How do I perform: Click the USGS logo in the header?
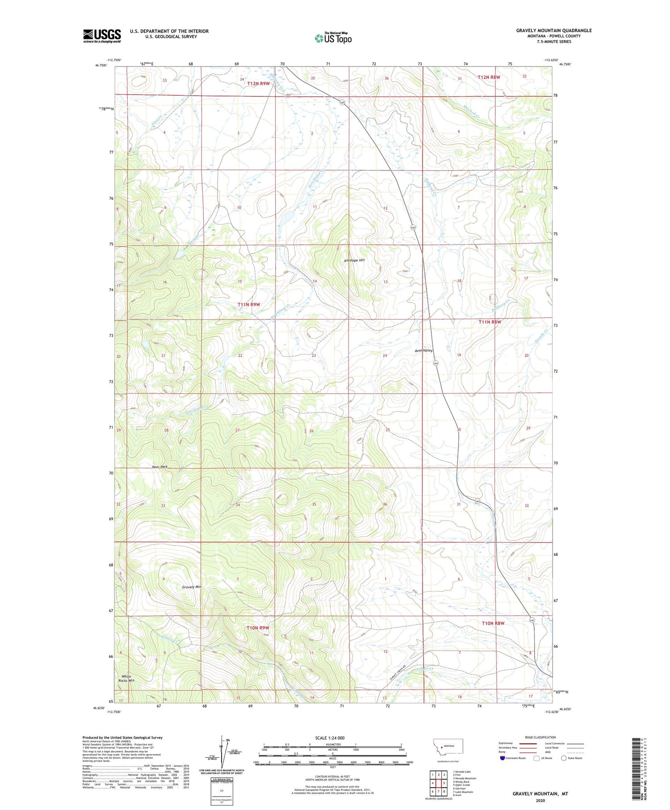(102, 36)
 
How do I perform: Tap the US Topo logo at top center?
(333, 38)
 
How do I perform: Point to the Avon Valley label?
(424, 350)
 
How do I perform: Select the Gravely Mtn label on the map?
(192, 587)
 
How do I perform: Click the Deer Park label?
(159, 466)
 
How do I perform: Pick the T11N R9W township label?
(249, 304)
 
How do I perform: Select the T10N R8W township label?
(493, 623)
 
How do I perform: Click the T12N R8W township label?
(489, 77)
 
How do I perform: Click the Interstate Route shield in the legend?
(502, 758)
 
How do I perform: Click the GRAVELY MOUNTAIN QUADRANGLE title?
(554, 30)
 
